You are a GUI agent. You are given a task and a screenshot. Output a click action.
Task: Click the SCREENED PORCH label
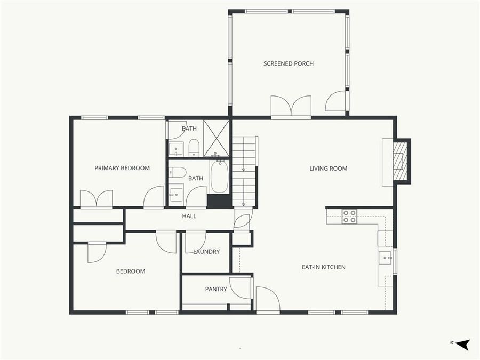[289, 64]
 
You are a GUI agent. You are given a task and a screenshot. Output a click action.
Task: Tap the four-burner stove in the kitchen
[349, 216]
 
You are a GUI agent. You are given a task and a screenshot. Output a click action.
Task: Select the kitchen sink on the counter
[386, 258]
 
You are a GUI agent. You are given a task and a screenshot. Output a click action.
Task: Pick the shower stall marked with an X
[216, 138]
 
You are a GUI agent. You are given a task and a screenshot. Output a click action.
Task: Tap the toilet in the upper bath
[194, 147]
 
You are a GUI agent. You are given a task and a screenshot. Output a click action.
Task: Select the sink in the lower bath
[175, 193]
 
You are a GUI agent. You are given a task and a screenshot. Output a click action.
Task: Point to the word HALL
[189, 216]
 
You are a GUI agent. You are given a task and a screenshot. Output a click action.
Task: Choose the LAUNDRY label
[206, 252]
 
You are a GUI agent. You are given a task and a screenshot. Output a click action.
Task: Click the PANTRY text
[216, 290]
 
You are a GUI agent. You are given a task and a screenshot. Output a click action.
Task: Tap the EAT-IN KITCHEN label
[324, 267]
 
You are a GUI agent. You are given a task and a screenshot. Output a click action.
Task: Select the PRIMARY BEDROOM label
[122, 168]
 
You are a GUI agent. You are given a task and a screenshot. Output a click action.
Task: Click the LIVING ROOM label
[329, 169]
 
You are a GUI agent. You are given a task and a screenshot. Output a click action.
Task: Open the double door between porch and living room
[291, 107]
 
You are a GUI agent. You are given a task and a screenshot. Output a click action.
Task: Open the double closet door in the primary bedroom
[97, 198]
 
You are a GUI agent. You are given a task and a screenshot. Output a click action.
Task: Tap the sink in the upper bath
[176, 149]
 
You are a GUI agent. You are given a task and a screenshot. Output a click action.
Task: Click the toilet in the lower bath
[178, 172]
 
